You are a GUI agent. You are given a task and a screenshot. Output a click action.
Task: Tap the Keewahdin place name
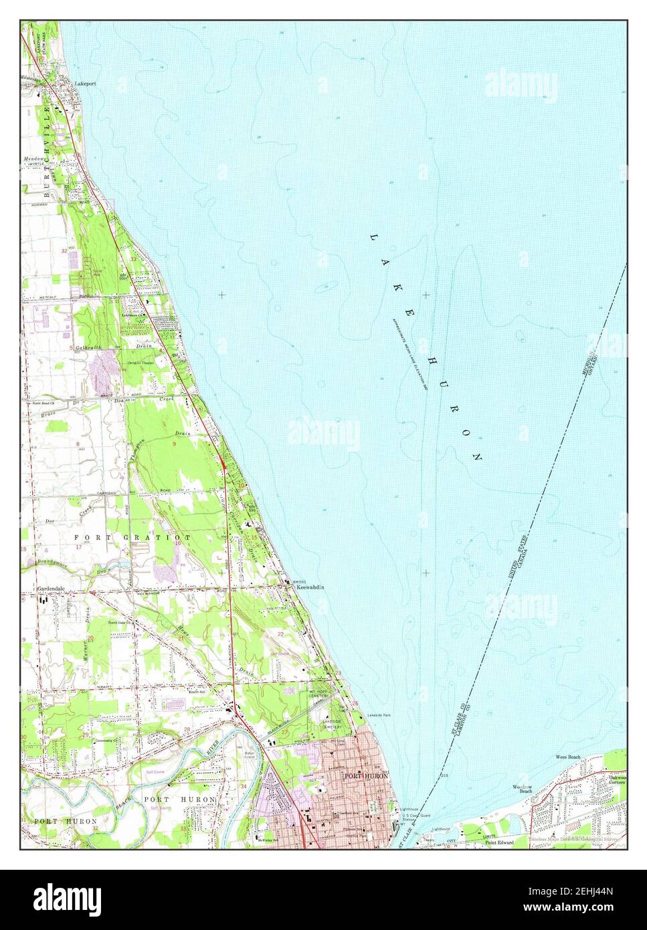310,587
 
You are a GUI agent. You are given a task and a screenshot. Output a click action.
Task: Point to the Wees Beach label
568,757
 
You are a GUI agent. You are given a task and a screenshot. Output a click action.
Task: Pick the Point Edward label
499,842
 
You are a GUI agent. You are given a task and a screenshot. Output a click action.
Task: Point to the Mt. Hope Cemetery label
319,696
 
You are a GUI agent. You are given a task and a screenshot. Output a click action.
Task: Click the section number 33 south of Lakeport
133,259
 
